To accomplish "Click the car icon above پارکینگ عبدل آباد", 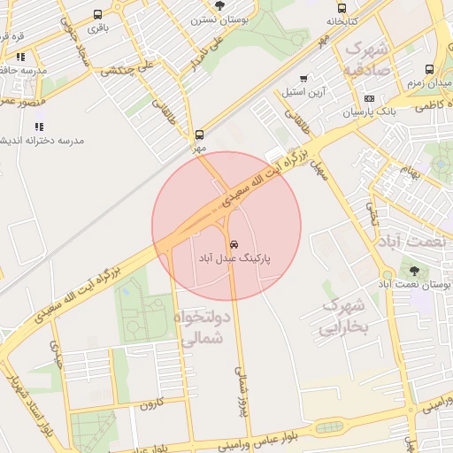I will pos(234,243).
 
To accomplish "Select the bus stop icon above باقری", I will pos(96,13).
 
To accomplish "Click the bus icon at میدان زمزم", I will pos(429,69).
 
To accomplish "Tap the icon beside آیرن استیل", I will pos(304,80).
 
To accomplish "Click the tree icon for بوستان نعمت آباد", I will pos(414,269).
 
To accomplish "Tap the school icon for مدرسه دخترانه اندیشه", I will pos(39,127).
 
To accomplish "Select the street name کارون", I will pos(152,404).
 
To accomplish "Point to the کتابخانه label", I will pos(342,19).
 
